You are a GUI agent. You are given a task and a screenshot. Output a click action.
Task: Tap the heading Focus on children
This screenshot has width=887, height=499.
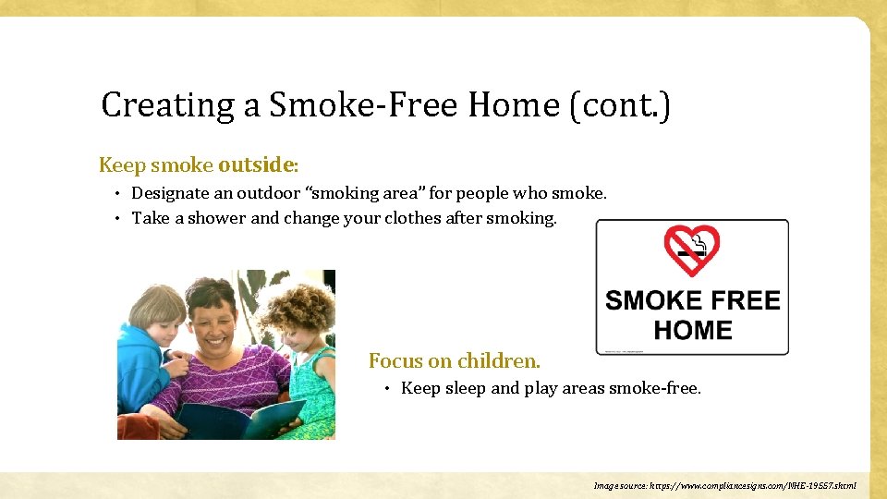point(455,360)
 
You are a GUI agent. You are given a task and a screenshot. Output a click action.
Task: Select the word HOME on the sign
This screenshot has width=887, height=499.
point(692,330)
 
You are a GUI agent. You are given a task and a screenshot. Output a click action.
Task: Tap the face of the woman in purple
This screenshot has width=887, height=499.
point(212,318)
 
